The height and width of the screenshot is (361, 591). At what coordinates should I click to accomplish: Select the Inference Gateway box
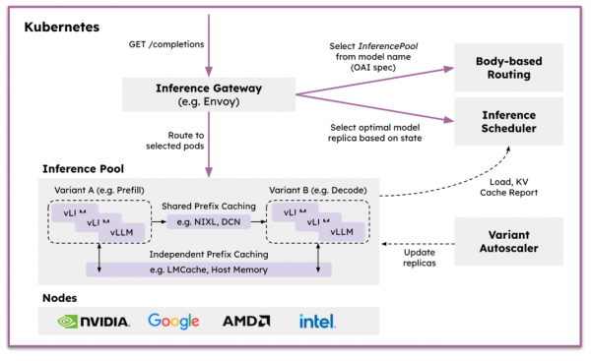point(207,93)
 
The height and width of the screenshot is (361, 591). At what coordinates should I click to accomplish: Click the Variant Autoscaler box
point(509,242)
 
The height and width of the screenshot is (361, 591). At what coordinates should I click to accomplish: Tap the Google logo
point(172,322)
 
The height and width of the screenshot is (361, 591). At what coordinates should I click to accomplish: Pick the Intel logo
point(318,322)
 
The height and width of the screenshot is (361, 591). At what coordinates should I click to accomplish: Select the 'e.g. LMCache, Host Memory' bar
point(209,269)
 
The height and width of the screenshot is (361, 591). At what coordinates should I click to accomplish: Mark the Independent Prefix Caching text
point(209,255)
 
